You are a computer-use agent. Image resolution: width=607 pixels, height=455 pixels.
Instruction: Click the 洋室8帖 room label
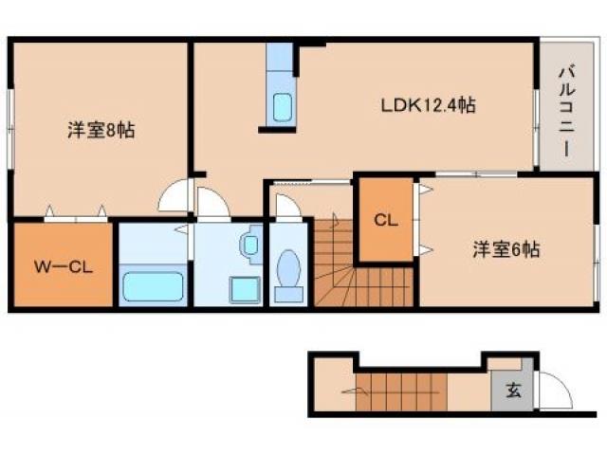pyautogui.click(x=101, y=130)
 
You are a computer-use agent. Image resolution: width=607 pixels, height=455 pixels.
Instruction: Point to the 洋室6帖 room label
pyautogui.click(x=507, y=250)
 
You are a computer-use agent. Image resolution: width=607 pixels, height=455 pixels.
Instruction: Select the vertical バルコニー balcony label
pyautogui.click(x=565, y=108)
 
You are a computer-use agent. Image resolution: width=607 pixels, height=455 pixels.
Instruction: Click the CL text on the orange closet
pyautogui.click(x=384, y=221)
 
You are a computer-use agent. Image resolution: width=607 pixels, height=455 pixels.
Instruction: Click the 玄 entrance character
pyautogui.click(x=512, y=389)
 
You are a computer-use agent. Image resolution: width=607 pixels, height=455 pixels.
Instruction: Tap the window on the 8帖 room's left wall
pyautogui.click(x=11, y=122)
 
